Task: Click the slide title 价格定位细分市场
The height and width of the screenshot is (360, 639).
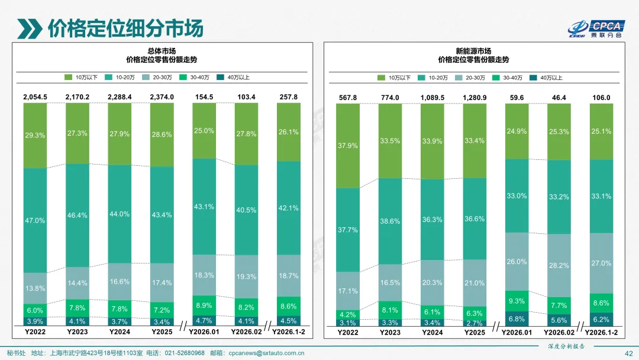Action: click(x=125, y=28)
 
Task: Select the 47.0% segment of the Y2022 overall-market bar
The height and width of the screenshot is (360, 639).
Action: click(x=35, y=220)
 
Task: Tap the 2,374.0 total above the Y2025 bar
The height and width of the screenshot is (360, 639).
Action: click(x=162, y=97)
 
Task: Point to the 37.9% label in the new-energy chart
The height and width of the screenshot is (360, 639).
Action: click(x=347, y=146)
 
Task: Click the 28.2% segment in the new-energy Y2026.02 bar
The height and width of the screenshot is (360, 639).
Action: click(x=559, y=266)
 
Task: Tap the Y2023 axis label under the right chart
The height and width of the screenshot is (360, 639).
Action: click(x=390, y=333)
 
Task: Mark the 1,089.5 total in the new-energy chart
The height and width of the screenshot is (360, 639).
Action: click(x=432, y=97)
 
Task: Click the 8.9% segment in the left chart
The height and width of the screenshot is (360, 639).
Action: click(x=204, y=306)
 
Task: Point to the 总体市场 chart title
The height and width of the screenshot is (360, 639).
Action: click(x=162, y=51)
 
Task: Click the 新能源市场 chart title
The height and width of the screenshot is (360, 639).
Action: click(x=473, y=51)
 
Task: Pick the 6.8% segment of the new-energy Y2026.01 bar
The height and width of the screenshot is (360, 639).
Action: click(x=516, y=319)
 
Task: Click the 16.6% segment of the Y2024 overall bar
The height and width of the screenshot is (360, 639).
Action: click(x=120, y=282)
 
